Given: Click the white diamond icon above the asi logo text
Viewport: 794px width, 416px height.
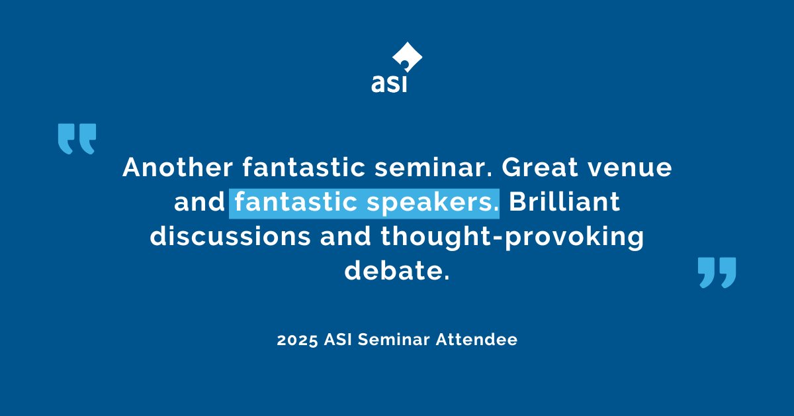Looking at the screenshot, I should pos(406,58).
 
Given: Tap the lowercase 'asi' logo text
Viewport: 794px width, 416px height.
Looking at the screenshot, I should pos(388,84).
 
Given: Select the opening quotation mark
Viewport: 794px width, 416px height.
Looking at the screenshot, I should pos(77,138).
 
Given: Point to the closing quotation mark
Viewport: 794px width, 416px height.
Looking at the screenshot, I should pos(717,272).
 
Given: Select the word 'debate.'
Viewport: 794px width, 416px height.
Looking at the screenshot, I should pos(396,272).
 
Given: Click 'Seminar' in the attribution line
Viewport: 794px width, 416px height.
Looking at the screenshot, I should pos(396,340).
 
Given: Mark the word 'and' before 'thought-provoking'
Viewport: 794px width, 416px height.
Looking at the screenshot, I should pos(343,237).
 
